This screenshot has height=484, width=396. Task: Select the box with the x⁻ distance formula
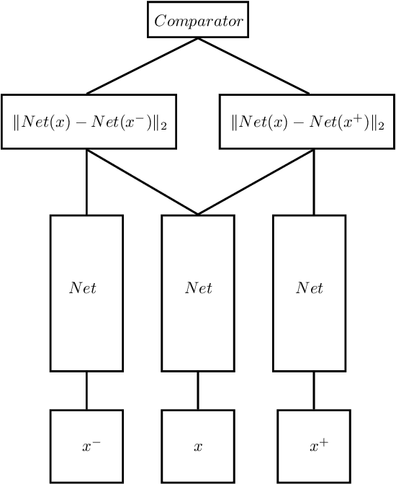pos(89,122)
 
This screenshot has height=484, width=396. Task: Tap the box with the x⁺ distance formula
pos(307,122)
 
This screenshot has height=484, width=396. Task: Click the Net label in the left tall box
pos(82,288)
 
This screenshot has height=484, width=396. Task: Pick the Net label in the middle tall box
pos(198,288)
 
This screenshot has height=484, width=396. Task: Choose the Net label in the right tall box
pos(310,288)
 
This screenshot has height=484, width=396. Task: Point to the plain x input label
pos(198,447)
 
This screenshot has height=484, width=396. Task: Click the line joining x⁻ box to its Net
pos(87,390)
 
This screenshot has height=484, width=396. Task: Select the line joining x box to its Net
pos(198,390)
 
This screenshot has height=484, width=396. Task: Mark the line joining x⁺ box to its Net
pos(314,390)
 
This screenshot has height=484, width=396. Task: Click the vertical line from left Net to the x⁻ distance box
pos(87,182)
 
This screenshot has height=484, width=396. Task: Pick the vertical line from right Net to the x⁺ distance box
pos(314,182)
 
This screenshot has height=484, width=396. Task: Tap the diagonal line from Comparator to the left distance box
pos(143,66)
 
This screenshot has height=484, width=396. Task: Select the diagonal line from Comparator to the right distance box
pos(253,66)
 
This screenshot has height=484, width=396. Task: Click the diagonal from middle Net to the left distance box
pos(143,182)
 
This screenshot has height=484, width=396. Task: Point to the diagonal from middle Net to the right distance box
pos(256,182)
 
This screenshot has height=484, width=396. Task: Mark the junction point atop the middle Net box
pos(198,215)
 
